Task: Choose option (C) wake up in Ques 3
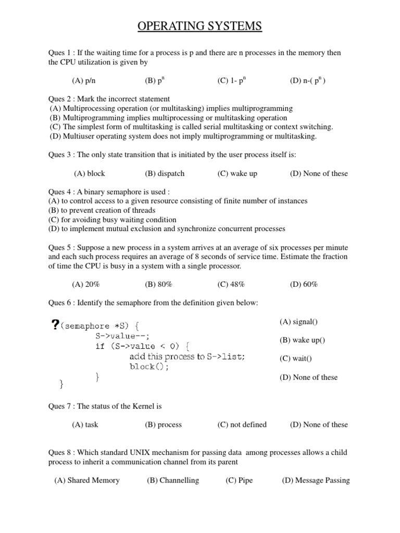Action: coord(237,173)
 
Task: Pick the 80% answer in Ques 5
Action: coord(158,284)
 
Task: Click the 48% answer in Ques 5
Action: coord(231,284)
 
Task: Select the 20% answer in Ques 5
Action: coord(86,284)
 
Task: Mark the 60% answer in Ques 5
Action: coord(304,284)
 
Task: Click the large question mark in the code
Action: coord(56,326)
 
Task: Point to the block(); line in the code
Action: coord(149,366)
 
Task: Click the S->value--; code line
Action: coord(122,336)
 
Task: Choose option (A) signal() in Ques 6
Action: coord(298,322)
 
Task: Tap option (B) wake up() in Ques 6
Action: coord(302,340)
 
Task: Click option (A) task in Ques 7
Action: coord(85,424)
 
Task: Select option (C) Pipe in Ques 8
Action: coord(239,480)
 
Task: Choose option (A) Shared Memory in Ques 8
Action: coord(87,480)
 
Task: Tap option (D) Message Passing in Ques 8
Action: coord(316,480)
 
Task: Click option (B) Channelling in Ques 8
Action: coord(173,480)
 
